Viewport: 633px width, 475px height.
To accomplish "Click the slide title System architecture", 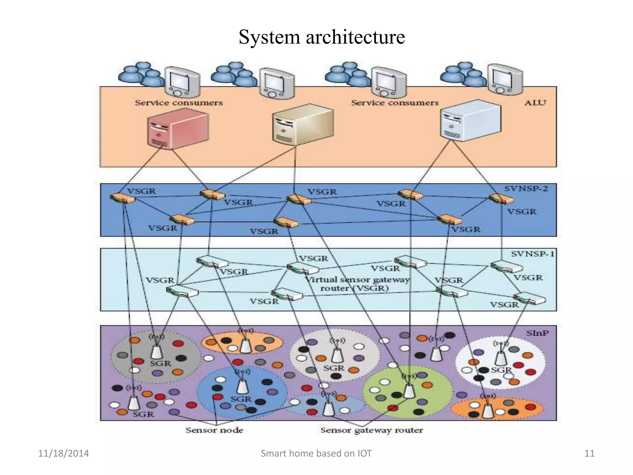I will click(x=321, y=37).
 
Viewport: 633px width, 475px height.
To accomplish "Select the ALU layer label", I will click(x=535, y=102).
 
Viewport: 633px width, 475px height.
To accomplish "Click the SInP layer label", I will click(x=537, y=333).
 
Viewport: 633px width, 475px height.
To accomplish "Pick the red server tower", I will click(x=177, y=130).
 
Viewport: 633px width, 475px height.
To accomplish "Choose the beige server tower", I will click(x=302, y=124).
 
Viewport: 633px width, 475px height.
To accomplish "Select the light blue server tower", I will click(x=470, y=121).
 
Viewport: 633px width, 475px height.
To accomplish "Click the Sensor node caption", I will click(x=214, y=430).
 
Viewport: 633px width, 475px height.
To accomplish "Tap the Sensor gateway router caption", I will click(x=372, y=430).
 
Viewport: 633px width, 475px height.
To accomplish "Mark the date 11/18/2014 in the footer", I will click(x=63, y=453).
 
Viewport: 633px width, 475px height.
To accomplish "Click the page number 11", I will click(x=589, y=453).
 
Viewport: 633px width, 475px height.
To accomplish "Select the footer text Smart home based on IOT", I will click(x=316, y=453).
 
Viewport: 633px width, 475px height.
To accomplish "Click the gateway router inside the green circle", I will click(x=409, y=391).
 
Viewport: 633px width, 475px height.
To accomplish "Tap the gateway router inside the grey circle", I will click(x=156, y=351).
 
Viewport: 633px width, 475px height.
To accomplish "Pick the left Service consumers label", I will click(x=179, y=103).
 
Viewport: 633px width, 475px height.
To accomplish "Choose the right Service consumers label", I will click(x=395, y=103).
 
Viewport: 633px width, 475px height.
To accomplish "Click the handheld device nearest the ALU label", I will click(x=504, y=79).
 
